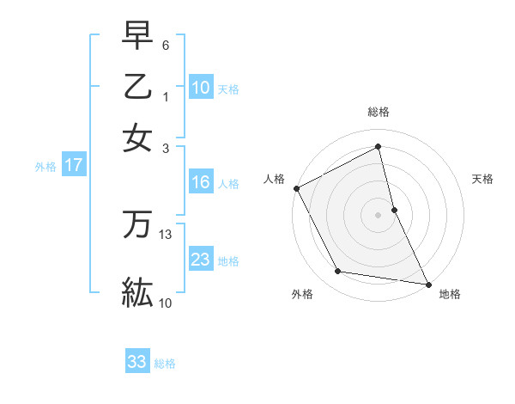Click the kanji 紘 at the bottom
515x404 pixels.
pos(137,291)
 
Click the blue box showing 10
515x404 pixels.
pos(201,88)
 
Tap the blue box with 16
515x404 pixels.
pos(201,182)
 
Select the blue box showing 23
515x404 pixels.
pos(201,260)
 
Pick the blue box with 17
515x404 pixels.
pos(74,165)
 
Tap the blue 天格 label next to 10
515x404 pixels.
pos(228,89)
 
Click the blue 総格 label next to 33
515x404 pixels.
pos(165,364)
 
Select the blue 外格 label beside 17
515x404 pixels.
pos(45,167)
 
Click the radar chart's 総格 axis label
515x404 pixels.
pos(379,112)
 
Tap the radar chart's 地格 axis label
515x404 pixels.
pos(450,294)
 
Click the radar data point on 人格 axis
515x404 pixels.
pos(297,188)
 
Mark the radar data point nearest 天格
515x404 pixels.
pos(394,210)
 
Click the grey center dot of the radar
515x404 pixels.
pos(379,215)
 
